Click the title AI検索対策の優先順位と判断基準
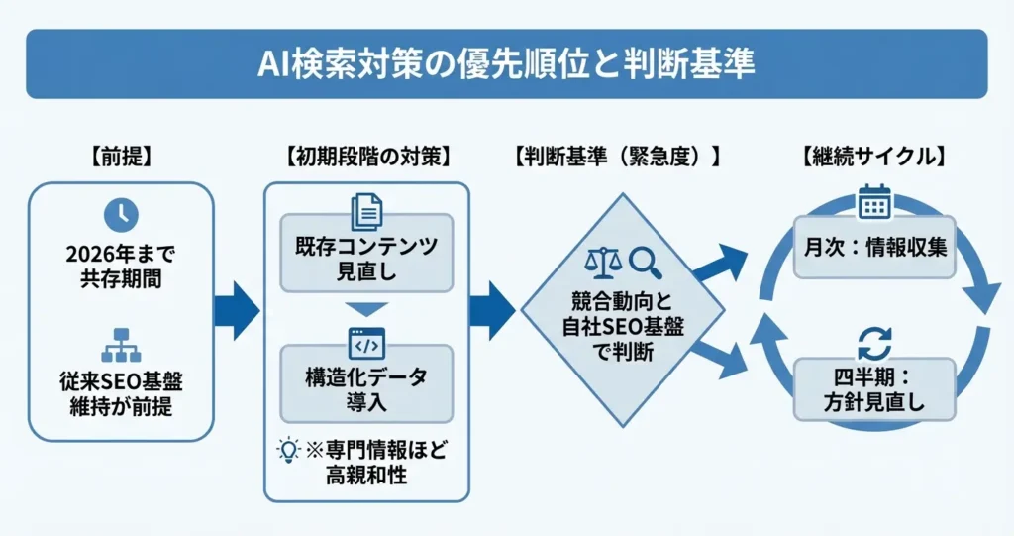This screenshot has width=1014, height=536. (506, 64)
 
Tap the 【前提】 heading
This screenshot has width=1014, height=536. (121, 156)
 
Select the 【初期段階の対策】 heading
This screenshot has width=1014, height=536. (367, 156)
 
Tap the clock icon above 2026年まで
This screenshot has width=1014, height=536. (121, 215)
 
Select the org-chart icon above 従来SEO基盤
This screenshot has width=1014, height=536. (121, 342)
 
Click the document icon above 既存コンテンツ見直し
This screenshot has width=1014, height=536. (366, 212)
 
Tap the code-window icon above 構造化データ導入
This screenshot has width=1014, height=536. (366, 343)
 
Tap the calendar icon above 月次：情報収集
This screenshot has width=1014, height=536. (874, 202)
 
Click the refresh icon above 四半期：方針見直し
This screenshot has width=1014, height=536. (874, 345)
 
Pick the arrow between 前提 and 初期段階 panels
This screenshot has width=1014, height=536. (238, 310)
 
